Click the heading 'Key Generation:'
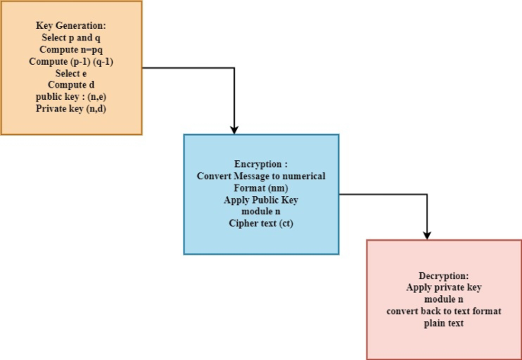click(x=71, y=25)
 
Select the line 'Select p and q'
click(x=71, y=37)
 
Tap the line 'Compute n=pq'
click(x=71, y=50)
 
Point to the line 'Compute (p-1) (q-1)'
click(x=71, y=61)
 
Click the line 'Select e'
click(x=71, y=73)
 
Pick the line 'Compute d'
click(x=71, y=85)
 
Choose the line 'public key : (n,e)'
click(x=71, y=97)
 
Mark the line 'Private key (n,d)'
click(x=71, y=109)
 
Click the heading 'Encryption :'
click(x=261, y=164)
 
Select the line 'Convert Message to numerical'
click(x=261, y=176)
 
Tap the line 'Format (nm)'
click(x=261, y=188)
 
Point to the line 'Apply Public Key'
click(x=261, y=200)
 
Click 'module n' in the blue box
click(x=261, y=211)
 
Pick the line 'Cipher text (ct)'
click(x=261, y=223)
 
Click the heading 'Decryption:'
click(x=444, y=275)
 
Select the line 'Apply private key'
click(x=444, y=288)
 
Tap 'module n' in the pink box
click(x=444, y=300)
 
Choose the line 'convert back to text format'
click(x=444, y=311)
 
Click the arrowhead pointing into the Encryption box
click(x=235, y=129)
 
